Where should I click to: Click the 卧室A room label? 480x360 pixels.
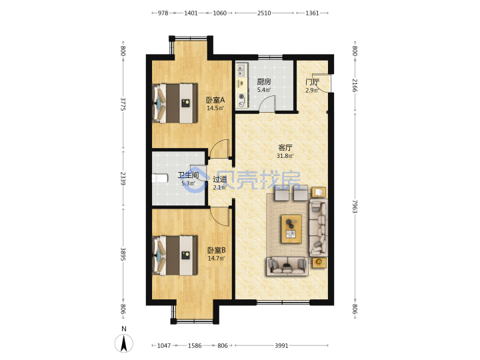[215, 100]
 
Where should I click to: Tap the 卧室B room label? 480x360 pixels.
[217, 251]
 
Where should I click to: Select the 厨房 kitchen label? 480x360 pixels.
[263, 82]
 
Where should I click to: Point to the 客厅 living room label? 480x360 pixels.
[285, 148]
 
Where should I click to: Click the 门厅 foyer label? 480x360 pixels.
[312, 82]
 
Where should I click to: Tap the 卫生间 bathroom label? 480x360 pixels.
[188, 175]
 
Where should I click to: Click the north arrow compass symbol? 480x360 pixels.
[124, 343]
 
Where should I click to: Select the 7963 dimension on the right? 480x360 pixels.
[355, 206]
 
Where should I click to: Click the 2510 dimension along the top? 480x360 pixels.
[264, 13]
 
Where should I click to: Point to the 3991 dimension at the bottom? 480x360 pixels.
[281, 345]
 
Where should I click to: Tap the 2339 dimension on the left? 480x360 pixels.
[123, 179]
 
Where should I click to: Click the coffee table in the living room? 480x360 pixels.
[291, 229]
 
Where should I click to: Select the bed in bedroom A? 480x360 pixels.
[175, 103]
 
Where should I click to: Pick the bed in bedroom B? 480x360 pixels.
[175, 255]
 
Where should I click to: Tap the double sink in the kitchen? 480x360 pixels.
[241, 70]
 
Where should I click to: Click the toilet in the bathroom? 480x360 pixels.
[160, 178]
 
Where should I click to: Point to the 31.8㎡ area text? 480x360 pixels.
[285, 156]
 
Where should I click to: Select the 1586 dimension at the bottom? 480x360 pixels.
[195, 345]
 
